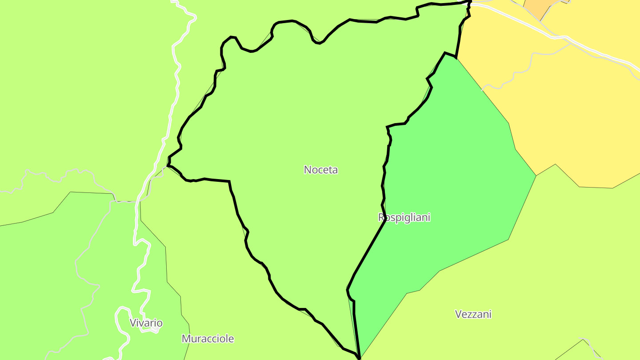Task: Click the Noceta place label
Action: (320, 169)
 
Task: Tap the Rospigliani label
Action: (404, 217)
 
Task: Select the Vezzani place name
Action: (473, 314)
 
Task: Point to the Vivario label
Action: (146, 323)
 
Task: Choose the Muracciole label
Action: (208, 339)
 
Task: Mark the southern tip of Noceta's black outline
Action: (359, 356)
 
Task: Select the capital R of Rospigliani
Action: (381, 217)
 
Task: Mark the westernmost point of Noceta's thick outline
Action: (168, 165)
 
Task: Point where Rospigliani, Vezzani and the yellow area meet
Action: (536, 176)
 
